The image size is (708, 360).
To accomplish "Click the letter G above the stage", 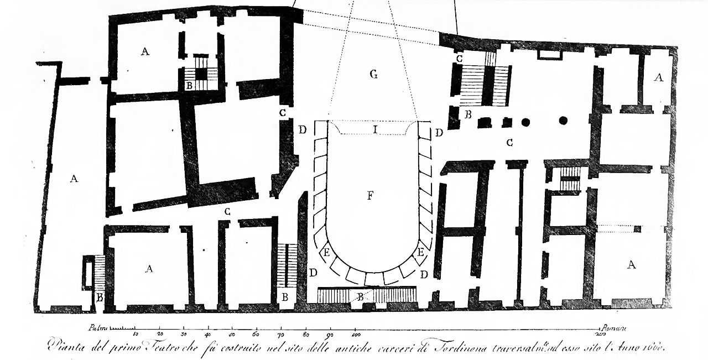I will (x=374, y=75).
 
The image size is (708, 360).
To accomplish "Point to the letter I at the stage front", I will (x=375, y=130).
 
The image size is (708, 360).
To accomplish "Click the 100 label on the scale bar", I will (x=356, y=335).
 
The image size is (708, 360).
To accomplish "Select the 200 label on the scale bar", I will (x=598, y=335).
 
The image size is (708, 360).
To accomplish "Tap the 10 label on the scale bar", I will (x=135, y=335).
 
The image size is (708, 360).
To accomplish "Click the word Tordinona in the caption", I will (x=468, y=348).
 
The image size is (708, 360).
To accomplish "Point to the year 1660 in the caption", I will (x=653, y=348).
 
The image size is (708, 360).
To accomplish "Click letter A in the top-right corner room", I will (x=658, y=78).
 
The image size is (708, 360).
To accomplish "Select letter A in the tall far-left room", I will (x=74, y=178).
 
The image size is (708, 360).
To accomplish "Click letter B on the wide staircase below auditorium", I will (x=361, y=297).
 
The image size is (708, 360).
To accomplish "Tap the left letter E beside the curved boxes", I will (x=327, y=253).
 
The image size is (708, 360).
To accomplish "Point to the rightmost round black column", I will (x=563, y=121).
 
